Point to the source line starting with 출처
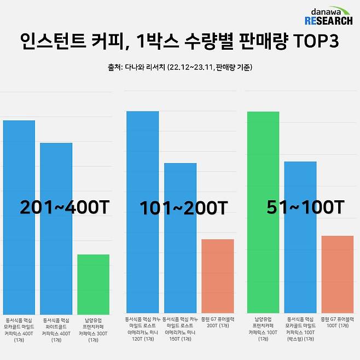tap(180, 68)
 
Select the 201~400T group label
tap(65, 208)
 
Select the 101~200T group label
tap(183, 208)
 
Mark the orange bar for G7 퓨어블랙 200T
tap(218, 276)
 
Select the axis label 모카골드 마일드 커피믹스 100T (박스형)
tap(300, 328)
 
